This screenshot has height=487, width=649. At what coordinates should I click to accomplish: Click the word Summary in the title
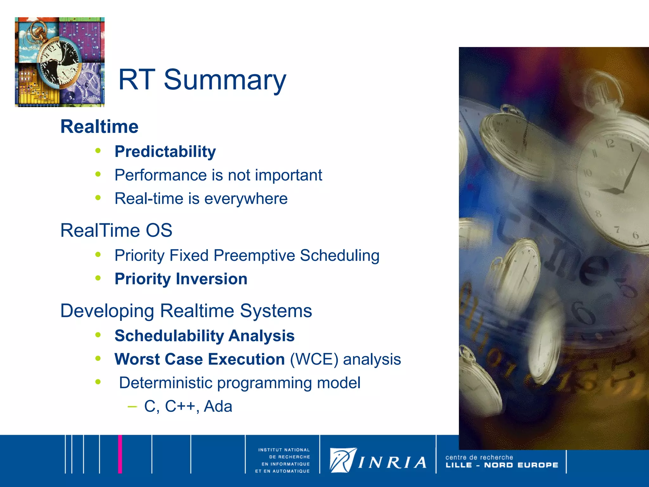click(x=225, y=80)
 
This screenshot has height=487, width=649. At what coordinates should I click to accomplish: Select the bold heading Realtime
click(x=100, y=127)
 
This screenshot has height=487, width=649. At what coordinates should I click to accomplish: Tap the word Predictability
click(x=165, y=152)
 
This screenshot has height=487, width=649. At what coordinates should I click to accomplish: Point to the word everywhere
click(x=246, y=199)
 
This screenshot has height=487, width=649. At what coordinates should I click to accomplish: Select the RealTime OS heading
click(x=116, y=230)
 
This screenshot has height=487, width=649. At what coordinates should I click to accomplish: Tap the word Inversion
click(x=211, y=279)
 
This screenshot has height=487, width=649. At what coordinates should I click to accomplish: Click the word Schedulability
click(x=169, y=336)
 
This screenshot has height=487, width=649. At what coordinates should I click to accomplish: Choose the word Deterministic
click(x=165, y=383)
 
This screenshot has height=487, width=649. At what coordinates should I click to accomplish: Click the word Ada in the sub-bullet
click(x=218, y=406)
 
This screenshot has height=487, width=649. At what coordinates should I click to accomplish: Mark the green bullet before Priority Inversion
click(x=98, y=278)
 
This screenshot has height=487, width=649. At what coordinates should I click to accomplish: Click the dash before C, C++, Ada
click(x=132, y=406)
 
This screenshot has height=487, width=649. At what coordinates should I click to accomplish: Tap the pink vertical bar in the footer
click(x=120, y=454)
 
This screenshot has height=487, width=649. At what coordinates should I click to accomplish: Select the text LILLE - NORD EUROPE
click(x=502, y=465)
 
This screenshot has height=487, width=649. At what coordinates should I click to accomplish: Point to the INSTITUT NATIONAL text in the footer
click(x=284, y=450)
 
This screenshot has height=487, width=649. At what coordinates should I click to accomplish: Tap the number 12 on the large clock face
click(x=610, y=144)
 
